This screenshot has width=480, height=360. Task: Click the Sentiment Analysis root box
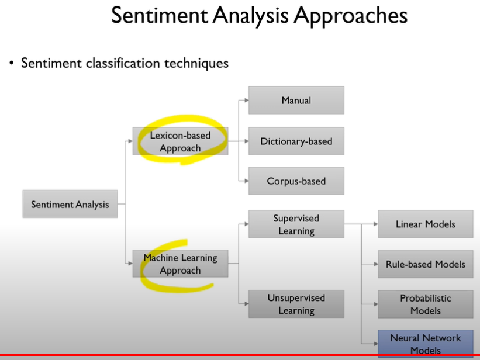click(70, 204)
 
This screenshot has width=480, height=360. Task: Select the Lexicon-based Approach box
click(180, 141)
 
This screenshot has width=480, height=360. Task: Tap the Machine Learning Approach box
click(180, 264)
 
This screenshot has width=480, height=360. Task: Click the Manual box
click(296, 101)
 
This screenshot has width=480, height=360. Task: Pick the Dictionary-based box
click(296, 141)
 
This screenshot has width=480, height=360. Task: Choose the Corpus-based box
click(296, 181)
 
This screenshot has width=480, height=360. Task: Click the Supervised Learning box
click(296, 224)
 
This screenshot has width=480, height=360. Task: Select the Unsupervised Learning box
click(296, 304)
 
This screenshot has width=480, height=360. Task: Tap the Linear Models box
click(425, 224)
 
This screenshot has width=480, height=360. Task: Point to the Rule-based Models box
click(425, 264)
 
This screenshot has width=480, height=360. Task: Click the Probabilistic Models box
click(425, 304)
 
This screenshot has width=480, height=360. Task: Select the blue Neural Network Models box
click(425, 344)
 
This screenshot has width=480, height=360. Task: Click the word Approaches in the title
click(350, 16)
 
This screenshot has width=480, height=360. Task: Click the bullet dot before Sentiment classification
click(11, 63)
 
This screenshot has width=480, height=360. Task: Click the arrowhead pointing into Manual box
click(246, 101)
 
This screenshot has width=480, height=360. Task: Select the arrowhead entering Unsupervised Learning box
click(246, 304)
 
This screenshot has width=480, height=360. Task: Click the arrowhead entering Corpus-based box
click(246, 181)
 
